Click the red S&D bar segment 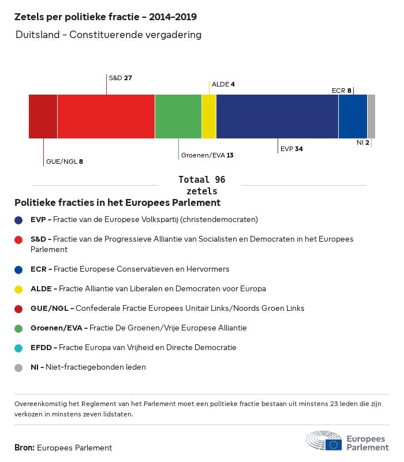(106, 117)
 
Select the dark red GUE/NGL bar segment (43, 117)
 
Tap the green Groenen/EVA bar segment (178, 117)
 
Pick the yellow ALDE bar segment (209, 117)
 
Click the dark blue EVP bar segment (277, 117)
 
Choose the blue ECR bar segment (353, 117)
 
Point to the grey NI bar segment (371, 117)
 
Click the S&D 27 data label (121, 77)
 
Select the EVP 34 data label (291, 149)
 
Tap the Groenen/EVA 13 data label (207, 155)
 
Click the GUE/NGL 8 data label (65, 161)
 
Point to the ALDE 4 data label (223, 84)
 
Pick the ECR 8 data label (342, 91)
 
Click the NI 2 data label (363, 142)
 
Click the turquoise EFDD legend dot (18, 348)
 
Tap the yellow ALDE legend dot (18, 289)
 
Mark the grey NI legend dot (18, 367)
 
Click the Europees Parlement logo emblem (324, 440)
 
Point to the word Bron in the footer (24, 448)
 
